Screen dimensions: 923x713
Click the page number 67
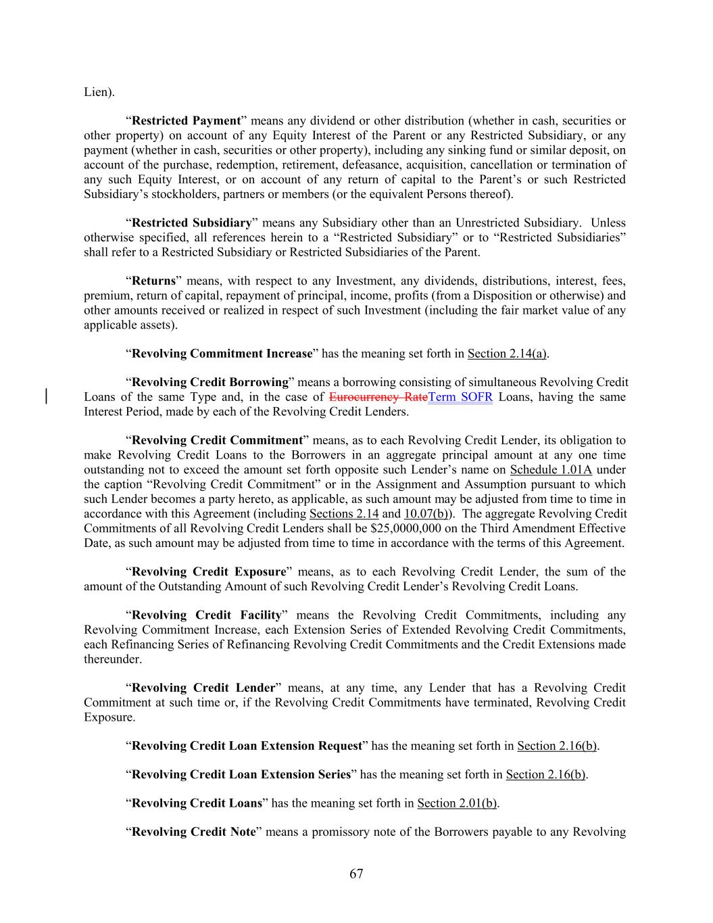coord(356,874)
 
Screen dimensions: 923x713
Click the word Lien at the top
coord(96,92)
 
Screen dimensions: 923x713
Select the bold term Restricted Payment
coord(186,121)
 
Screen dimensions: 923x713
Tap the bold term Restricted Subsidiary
coord(191,223)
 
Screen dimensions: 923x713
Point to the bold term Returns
coord(153,281)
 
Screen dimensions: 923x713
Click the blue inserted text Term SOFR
coord(460,397)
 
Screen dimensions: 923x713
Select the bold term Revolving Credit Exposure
coord(209,572)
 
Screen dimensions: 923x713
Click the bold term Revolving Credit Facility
coord(206,615)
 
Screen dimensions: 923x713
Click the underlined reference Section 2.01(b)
coord(457,803)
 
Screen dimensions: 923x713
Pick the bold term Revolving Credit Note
coord(193,832)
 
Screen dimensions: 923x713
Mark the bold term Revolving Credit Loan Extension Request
coord(247,746)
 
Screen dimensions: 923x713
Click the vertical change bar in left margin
coord(46,397)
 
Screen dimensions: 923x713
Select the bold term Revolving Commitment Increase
coord(222,354)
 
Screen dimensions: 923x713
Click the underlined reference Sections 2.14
coord(343,513)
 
